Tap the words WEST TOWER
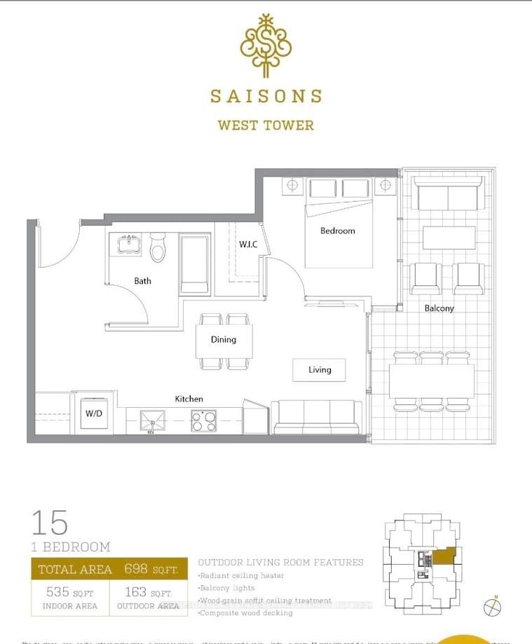point(265,126)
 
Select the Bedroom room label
point(338,231)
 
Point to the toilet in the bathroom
point(158,248)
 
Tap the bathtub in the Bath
point(195,264)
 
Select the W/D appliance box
point(93,413)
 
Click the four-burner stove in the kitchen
point(204,420)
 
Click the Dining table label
point(224,339)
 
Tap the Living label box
point(319,369)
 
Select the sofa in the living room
point(317,418)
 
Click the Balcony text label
point(439,308)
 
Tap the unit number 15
point(50,523)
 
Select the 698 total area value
point(136,569)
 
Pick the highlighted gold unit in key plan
point(444,556)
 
